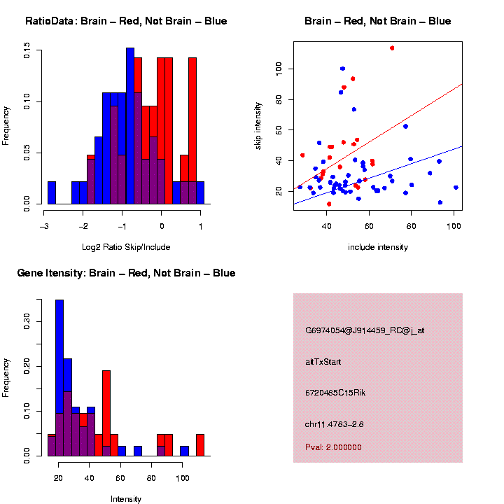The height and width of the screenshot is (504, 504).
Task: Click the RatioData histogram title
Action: coord(126,21)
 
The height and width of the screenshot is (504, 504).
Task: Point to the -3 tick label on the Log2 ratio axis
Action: coord(44,226)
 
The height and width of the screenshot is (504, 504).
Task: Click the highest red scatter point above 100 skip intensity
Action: coord(392,48)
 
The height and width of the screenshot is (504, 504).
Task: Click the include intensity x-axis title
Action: coord(378,246)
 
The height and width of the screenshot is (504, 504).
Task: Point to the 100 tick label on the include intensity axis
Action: coord(454,226)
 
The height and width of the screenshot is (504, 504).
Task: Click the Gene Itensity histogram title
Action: coord(126,273)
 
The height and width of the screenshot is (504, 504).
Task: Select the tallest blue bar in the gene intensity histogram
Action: coord(59,378)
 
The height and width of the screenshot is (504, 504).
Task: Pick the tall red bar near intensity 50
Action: coord(106,413)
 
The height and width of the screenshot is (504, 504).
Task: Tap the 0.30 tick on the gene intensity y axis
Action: coord(27,321)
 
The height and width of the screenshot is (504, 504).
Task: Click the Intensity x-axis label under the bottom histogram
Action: coord(126,499)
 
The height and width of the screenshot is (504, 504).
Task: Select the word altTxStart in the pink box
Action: coord(332,362)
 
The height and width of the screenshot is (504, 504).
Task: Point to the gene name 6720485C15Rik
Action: coord(335,393)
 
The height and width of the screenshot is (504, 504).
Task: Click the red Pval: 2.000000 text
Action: coord(333,447)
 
